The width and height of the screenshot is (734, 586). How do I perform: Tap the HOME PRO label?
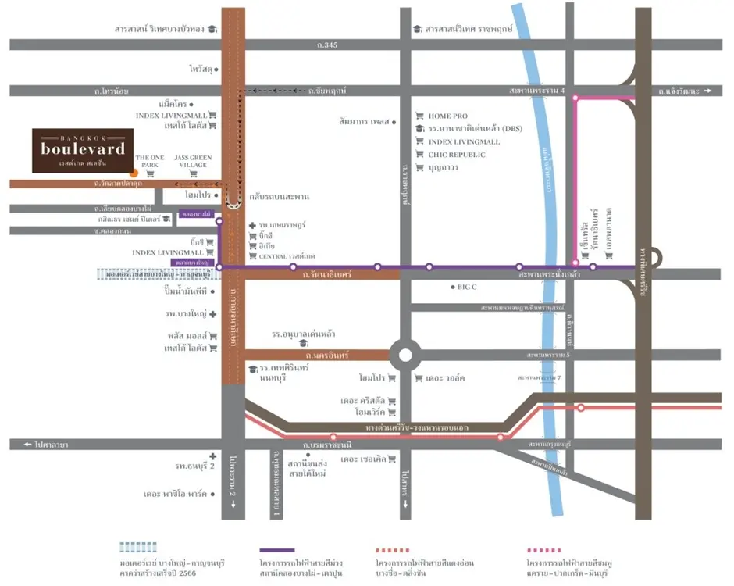click(447, 116)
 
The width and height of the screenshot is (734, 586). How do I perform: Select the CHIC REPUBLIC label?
click(457, 155)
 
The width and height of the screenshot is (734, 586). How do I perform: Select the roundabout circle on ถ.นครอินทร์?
click(404, 356)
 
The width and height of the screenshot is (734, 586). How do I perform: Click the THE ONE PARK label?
click(150, 162)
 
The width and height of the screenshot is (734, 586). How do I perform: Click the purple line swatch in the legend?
click(277, 550)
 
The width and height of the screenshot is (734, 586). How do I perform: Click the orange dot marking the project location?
click(134, 171)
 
